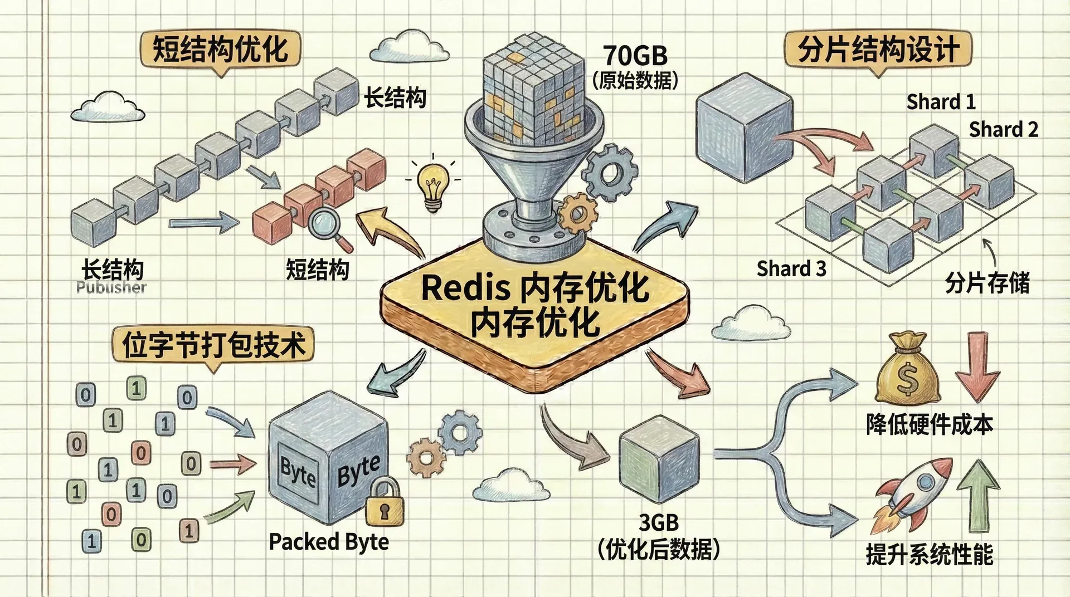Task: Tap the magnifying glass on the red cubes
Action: pos(327,224)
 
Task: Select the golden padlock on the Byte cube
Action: pos(385,503)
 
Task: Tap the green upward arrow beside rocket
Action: pos(979,495)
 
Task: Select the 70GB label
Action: pos(635,56)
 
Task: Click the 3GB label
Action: pos(658,522)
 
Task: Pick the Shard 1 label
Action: pos(941,102)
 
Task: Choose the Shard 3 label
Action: pos(791,269)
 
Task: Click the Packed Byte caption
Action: pos(329,542)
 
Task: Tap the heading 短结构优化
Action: pos(220,49)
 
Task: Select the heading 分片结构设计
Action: pos(878,50)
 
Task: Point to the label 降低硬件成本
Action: pos(929,425)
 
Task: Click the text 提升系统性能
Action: pos(929,555)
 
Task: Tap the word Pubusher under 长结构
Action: pos(111,288)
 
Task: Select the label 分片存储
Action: pos(987,283)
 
